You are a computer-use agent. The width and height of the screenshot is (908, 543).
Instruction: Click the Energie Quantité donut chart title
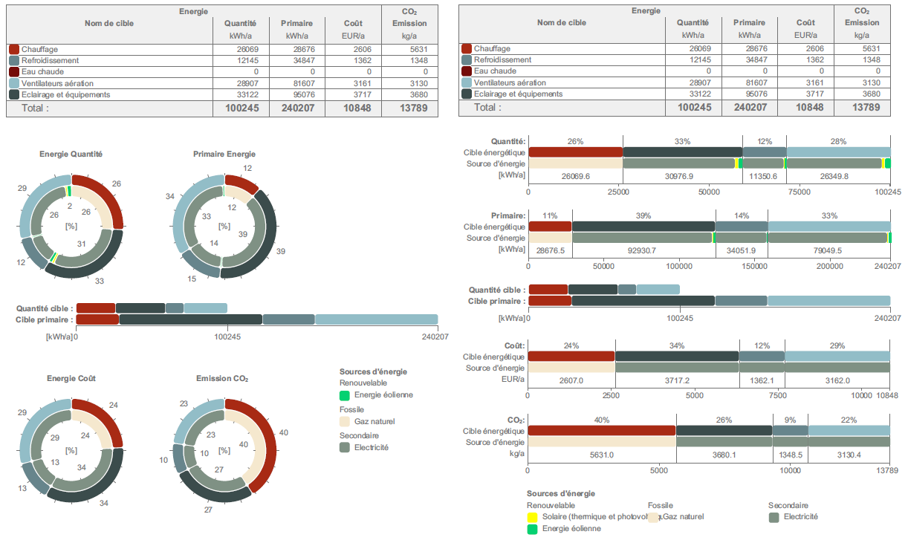coord(71,155)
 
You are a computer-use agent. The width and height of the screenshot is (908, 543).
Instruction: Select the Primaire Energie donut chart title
coord(224,155)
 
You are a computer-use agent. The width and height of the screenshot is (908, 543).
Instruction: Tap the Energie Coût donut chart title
coord(71,379)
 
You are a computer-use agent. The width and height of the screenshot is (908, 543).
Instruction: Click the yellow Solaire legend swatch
coord(532,517)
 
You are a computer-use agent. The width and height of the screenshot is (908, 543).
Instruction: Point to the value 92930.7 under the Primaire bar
coord(643,250)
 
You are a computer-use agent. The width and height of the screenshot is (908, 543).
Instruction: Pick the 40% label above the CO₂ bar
coord(602,420)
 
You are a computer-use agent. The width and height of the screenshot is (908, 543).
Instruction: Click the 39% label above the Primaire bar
coord(643,215)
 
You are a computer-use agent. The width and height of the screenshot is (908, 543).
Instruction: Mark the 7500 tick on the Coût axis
coord(778,396)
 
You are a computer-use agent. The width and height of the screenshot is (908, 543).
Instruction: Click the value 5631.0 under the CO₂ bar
coord(602,455)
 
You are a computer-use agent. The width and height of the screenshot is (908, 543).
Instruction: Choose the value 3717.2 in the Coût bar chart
coord(677,380)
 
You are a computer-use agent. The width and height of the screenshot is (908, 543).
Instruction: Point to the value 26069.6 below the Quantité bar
coord(575,176)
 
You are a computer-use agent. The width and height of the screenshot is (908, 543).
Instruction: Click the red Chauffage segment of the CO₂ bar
coord(602,431)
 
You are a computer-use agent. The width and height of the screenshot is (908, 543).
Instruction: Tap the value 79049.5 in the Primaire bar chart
coord(828,250)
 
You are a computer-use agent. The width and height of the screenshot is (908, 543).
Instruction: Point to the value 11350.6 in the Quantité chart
coord(764,176)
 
